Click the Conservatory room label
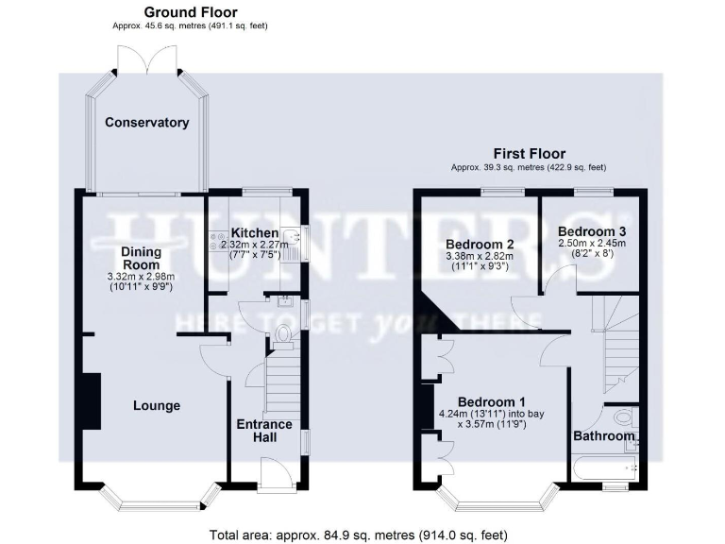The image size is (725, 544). pyautogui.click(x=146, y=123)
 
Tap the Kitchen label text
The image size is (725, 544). pyautogui.click(x=255, y=232)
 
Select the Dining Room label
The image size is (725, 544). pyautogui.click(x=141, y=259)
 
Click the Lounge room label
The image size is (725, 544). pyautogui.click(x=156, y=406)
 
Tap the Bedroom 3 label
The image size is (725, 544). pyautogui.click(x=593, y=230)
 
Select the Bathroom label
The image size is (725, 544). pyautogui.click(x=604, y=436)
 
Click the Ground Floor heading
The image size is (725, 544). pyautogui.click(x=191, y=12)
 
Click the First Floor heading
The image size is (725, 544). pyautogui.click(x=529, y=153)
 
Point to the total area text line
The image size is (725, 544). pyautogui.click(x=362, y=534)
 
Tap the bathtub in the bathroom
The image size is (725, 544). pyautogui.click(x=604, y=467)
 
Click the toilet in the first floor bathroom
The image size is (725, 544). pyautogui.click(x=624, y=416)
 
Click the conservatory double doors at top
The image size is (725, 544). pyautogui.click(x=145, y=59)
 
